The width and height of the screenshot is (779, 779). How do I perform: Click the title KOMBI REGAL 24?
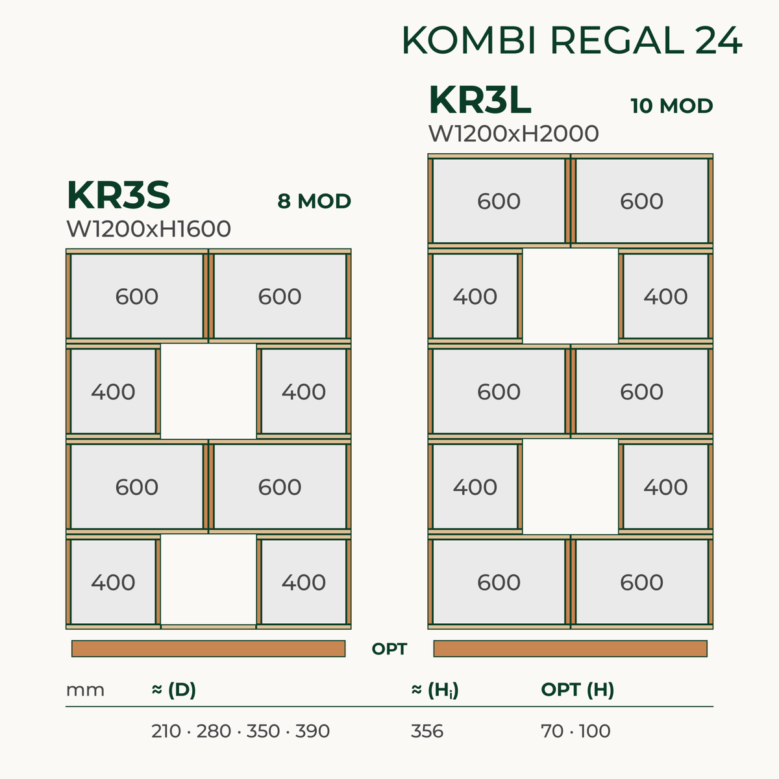(x=572, y=40)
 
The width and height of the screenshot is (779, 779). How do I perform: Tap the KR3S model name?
(x=118, y=195)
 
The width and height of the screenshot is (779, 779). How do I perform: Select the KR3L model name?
(x=480, y=100)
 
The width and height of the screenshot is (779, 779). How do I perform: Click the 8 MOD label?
(x=314, y=201)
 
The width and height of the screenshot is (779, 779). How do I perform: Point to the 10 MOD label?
(x=671, y=106)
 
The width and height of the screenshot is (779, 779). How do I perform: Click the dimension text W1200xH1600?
(x=149, y=229)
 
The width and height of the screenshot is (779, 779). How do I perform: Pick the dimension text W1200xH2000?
(x=513, y=134)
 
